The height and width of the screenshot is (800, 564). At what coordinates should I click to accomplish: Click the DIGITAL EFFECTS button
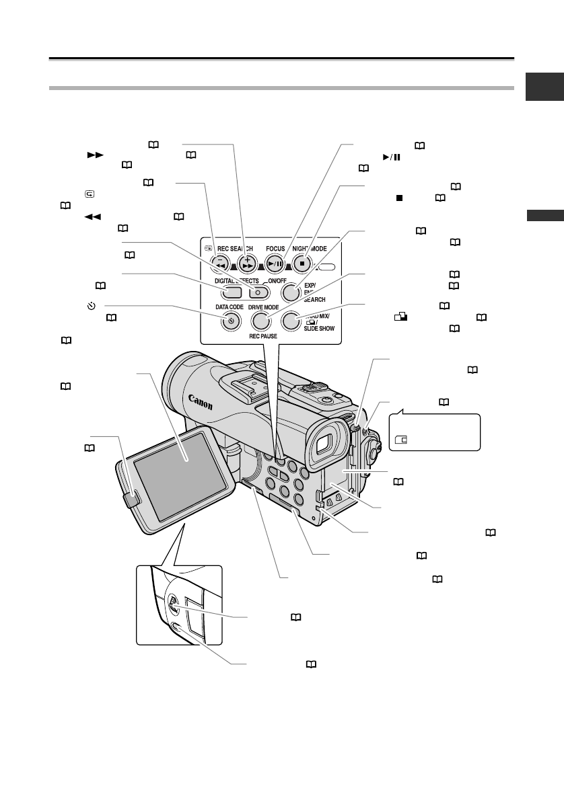[231, 292]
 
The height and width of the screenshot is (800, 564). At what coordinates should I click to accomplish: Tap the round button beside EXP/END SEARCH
[289, 292]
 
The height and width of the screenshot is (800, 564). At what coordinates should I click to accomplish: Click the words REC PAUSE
[259, 338]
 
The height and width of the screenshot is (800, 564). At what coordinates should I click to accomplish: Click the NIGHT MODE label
[308, 247]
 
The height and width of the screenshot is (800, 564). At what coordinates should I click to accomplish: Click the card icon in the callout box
[401, 441]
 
